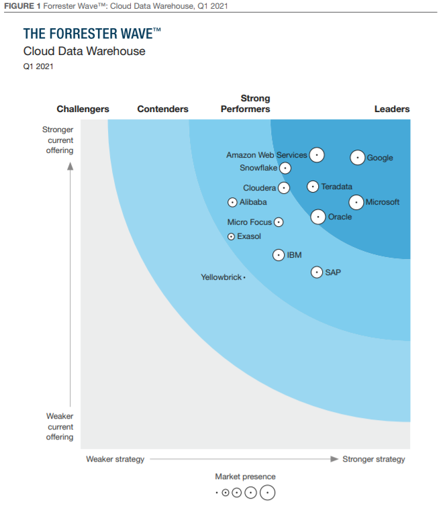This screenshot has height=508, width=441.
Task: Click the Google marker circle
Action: point(358,158)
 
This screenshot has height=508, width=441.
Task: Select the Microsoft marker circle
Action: point(357,202)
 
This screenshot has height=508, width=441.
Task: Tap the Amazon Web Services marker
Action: point(316,155)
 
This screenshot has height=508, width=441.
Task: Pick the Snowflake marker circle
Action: point(285,168)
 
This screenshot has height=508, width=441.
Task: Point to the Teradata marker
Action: point(313,187)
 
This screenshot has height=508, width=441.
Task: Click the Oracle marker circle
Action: point(319,217)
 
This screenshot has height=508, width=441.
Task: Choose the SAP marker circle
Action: point(317,272)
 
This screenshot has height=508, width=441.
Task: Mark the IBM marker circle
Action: point(279,255)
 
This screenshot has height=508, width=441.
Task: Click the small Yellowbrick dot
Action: point(244,277)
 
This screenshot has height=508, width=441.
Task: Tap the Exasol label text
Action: point(249,236)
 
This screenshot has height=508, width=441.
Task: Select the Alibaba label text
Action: point(253,202)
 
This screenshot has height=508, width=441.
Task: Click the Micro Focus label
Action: point(250,222)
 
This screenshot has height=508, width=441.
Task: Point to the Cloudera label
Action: point(259,188)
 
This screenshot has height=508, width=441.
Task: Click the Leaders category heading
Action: point(391,109)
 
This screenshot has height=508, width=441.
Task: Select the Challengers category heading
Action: point(83,109)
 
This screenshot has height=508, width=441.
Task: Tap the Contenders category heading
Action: point(162,109)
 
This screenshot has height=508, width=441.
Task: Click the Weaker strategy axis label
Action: point(115,459)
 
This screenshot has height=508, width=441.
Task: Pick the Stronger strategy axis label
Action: point(374,459)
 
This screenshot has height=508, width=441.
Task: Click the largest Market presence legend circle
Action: point(267,493)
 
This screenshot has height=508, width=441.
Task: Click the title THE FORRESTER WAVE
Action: point(92,34)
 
